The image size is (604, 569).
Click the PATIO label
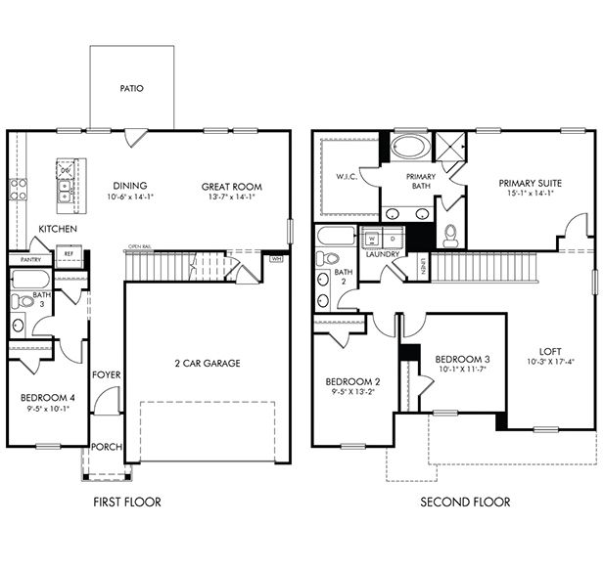pos(131,88)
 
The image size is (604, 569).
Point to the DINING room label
pos(129,186)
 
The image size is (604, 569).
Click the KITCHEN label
pos(57,229)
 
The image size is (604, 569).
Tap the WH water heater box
pos(275,259)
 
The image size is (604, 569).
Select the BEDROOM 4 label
pos(46,398)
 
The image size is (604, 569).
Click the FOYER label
pos(106,375)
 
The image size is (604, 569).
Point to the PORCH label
pos(106,447)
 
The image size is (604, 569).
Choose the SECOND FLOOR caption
pos(465,503)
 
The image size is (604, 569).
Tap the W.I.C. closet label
pos(345,177)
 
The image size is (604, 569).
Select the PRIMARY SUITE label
pos(530,183)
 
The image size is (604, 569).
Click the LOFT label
pos(550,352)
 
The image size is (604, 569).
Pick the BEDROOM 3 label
pos(462,359)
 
